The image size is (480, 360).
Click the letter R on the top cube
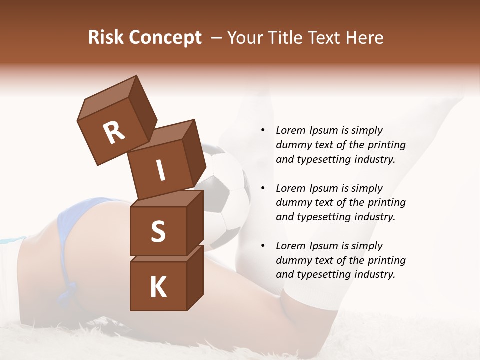[x=114, y=133]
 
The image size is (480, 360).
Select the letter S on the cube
[x=158, y=231]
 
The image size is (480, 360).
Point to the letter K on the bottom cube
[x=158, y=287]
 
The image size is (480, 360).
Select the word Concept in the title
[x=164, y=38]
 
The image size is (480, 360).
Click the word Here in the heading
[x=364, y=38]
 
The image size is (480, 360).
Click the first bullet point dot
[x=263, y=130]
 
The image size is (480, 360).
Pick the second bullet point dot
[x=263, y=188]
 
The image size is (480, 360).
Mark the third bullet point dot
[x=263, y=246]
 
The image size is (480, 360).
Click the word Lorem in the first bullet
[x=290, y=130]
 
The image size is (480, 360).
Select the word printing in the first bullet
[x=387, y=145]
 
